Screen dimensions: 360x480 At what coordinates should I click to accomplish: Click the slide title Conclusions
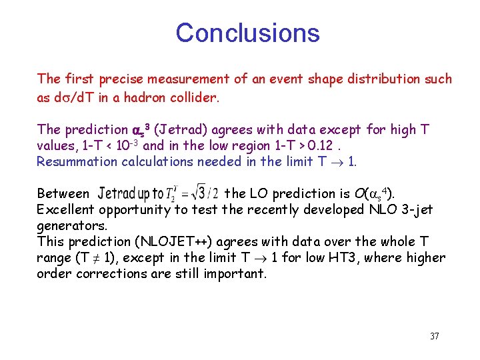(247, 33)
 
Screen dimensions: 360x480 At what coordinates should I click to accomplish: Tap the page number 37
(434, 336)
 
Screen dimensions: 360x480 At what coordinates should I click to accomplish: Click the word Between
(63, 194)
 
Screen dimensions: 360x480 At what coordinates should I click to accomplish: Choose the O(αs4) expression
(373, 194)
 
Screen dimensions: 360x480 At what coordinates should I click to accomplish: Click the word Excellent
(66, 210)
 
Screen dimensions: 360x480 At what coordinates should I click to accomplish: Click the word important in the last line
(239, 274)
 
